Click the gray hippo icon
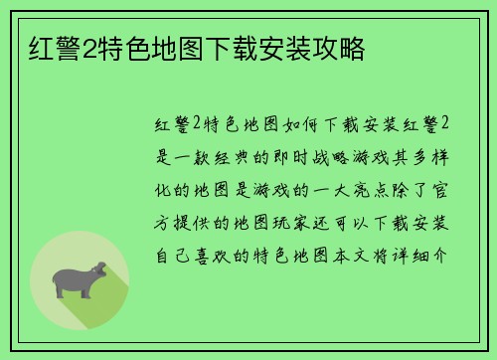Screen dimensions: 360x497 [79, 280]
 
